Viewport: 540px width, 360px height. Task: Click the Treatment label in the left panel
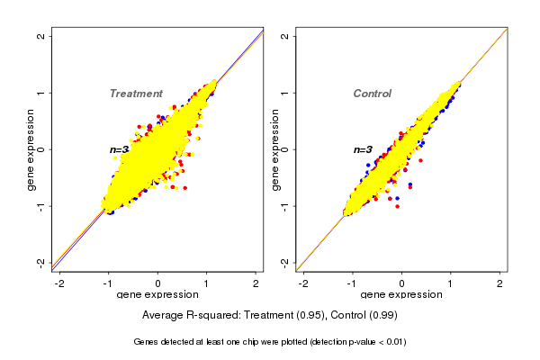pyautogui.click(x=136, y=94)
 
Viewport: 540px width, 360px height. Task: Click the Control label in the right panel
pyautogui.click(x=373, y=94)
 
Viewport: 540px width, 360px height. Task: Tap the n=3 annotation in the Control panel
pyautogui.click(x=362, y=149)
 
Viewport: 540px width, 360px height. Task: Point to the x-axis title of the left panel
pyautogui.click(x=157, y=295)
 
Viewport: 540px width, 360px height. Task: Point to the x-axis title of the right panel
pyautogui.click(x=401, y=295)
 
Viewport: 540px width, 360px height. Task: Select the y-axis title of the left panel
pyautogui.click(x=32, y=149)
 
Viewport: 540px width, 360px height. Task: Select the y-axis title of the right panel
pyautogui.click(x=276, y=149)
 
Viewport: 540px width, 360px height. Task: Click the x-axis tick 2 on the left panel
pyautogui.click(x=256, y=283)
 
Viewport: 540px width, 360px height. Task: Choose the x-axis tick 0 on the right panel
pyautogui.click(x=401, y=283)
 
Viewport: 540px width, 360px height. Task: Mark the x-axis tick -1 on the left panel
pyautogui.click(x=107, y=283)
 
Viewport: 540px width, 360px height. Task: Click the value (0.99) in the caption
pyautogui.click(x=381, y=316)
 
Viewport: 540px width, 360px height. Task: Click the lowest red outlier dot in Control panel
pyautogui.click(x=397, y=206)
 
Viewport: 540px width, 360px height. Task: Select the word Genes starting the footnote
pyautogui.click(x=148, y=342)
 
